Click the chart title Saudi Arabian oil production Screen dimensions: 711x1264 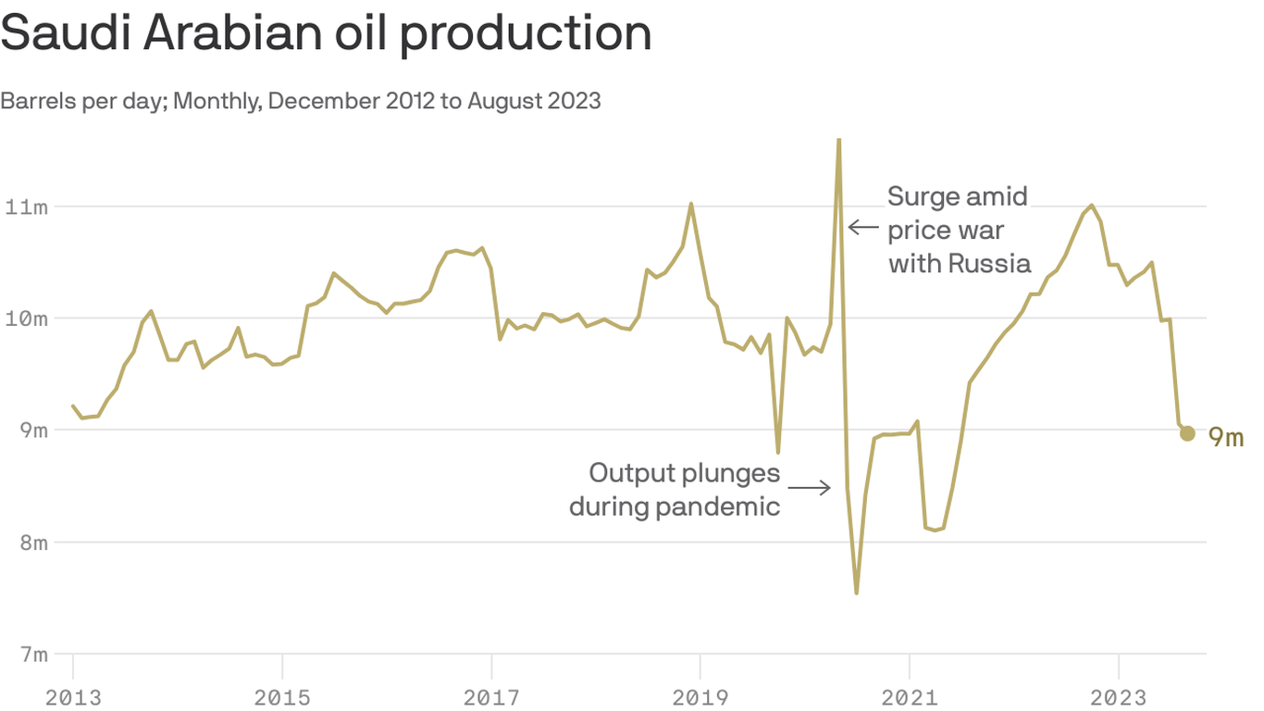pyautogui.click(x=326, y=33)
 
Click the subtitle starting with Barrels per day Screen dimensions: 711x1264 pyautogui.click(x=301, y=100)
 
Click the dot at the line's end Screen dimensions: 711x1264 pyautogui.click(x=1187, y=433)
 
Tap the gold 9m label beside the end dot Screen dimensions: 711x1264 pyautogui.click(x=1226, y=437)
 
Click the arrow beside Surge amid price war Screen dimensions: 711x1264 pyautogui.click(x=862, y=227)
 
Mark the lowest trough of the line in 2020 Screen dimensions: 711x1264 pyautogui.click(x=857, y=592)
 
